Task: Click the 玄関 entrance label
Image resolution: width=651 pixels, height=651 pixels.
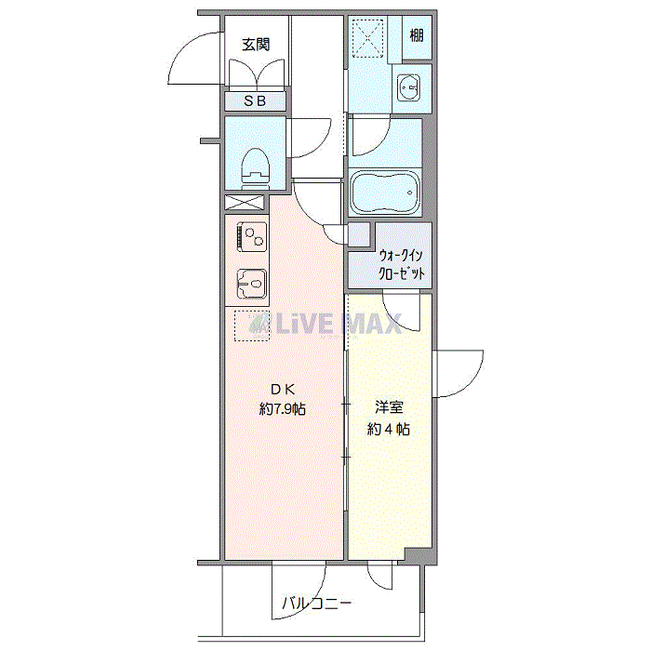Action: (256, 44)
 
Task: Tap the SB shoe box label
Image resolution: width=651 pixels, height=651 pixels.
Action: (255, 101)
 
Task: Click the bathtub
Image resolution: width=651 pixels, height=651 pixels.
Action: (385, 193)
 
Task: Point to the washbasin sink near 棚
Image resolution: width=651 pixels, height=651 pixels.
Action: (408, 88)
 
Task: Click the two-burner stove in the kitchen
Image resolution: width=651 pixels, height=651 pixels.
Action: (251, 235)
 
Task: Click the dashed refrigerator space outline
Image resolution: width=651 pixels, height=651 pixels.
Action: (251, 325)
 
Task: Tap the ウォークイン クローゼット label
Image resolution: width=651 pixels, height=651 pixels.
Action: (403, 264)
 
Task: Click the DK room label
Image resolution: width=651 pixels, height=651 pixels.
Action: (283, 389)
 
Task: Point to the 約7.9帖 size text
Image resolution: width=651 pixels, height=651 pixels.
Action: (283, 408)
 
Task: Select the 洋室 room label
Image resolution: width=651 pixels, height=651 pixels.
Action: (389, 407)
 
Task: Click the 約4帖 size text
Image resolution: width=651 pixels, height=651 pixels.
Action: (389, 429)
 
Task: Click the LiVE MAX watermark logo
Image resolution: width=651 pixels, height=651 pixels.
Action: (325, 324)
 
